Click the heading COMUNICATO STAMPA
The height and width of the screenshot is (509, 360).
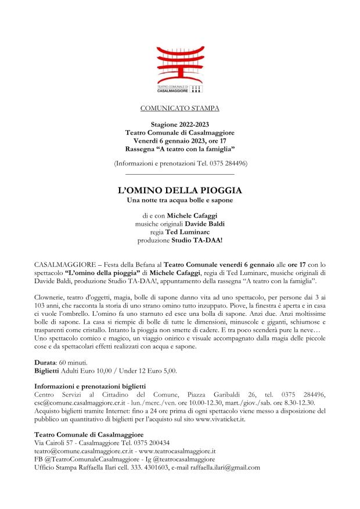coord(180,109)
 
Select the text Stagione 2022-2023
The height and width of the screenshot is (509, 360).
coord(180,125)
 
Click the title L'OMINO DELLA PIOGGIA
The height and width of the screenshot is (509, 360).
coord(180,190)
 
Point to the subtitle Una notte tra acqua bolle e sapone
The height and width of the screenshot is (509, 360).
coord(180,201)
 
